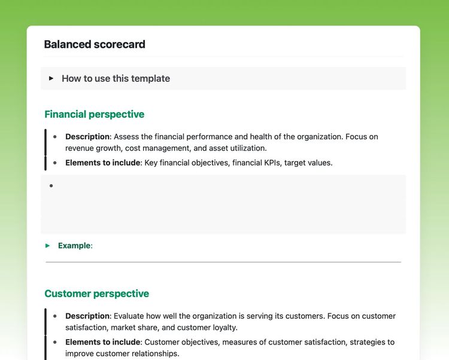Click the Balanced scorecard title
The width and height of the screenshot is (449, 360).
coord(95,44)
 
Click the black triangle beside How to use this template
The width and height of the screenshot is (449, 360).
coord(51,78)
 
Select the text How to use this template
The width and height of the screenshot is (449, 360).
coord(116,78)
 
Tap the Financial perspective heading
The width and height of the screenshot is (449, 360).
coord(94,114)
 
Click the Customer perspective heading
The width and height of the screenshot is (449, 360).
coord(96,294)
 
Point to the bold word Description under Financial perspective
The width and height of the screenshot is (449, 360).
coord(87,137)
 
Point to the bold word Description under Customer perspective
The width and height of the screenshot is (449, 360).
coord(87,316)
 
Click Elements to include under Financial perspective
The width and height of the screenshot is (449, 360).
coord(102,163)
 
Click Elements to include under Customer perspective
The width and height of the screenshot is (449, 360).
coord(102,342)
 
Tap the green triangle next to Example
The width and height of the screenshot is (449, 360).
coord(48,246)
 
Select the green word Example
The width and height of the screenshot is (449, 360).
coord(74,246)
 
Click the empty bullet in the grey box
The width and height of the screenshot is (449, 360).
coord(51,186)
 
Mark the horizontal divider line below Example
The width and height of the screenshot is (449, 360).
coord(223,262)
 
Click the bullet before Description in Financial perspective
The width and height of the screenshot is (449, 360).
coord(55,137)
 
